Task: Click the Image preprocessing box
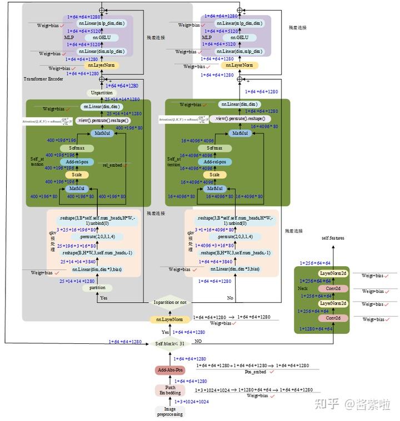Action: click(169, 411)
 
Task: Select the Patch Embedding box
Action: click(170, 390)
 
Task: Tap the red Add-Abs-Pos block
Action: click(170, 370)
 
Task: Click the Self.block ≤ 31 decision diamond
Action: click(170, 343)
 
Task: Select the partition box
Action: click(97, 288)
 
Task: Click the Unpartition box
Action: click(101, 93)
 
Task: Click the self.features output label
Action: click(334, 237)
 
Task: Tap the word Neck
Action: click(303, 288)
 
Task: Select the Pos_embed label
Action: click(256, 372)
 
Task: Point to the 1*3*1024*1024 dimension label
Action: click(192, 401)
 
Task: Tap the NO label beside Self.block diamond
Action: click(198, 342)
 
